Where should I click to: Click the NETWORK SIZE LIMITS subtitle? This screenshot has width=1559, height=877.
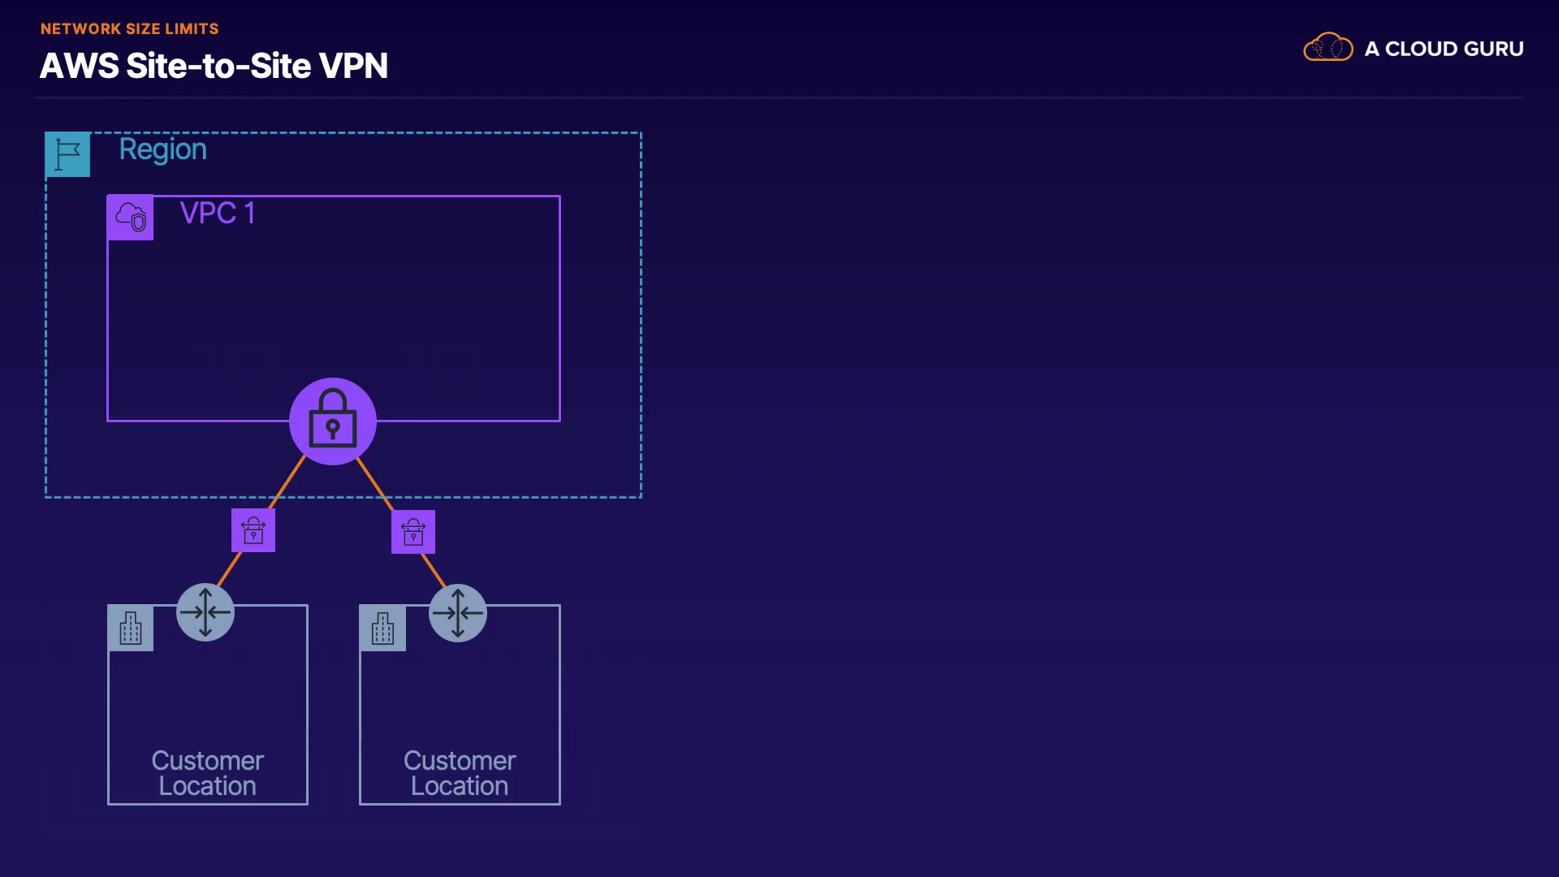click(130, 29)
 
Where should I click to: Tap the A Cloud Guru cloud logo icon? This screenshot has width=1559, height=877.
click(1328, 48)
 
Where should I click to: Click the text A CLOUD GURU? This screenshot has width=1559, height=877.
click(1444, 49)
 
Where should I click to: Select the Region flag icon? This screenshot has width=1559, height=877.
click(67, 154)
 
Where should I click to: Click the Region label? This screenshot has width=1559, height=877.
click(163, 149)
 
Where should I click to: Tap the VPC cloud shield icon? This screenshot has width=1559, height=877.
click(130, 218)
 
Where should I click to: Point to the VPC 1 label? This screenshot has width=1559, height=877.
click(218, 214)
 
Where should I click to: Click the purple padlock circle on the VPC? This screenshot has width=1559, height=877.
click(333, 421)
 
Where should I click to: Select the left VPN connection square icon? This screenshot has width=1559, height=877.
click(253, 530)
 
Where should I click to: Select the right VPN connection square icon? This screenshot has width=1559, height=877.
click(413, 532)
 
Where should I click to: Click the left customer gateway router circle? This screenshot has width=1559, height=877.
click(205, 612)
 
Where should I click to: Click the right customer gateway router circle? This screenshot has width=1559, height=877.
click(458, 613)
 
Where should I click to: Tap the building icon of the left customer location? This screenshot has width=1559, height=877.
click(131, 628)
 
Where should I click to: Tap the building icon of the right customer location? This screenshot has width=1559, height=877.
click(383, 628)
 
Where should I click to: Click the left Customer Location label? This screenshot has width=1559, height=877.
click(208, 773)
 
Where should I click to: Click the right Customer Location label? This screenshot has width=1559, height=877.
click(460, 773)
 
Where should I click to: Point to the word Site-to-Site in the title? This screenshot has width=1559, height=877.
click(218, 66)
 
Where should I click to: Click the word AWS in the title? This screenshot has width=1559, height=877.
click(80, 66)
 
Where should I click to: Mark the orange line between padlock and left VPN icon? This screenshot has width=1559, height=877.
click(287, 482)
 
